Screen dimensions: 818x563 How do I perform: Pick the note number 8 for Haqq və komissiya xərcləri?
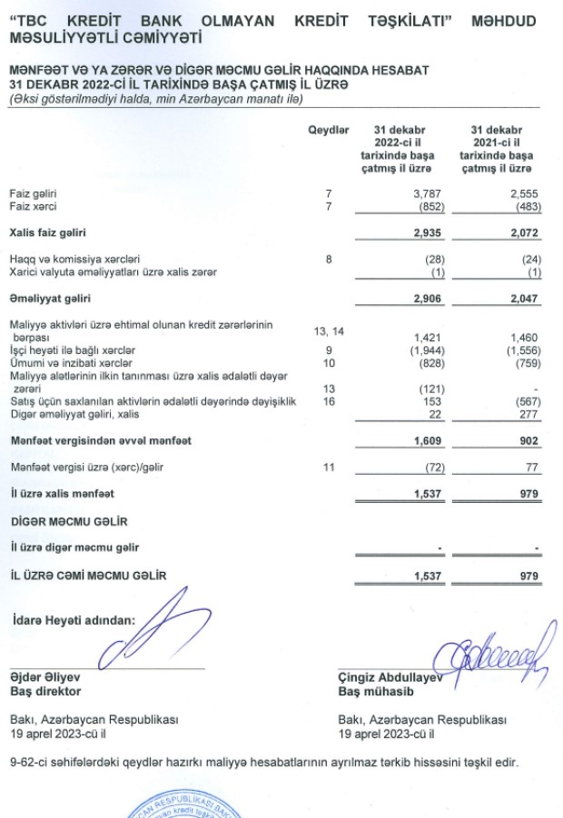(x=329, y=259)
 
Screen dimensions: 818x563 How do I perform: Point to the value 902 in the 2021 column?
(x=529, y=440)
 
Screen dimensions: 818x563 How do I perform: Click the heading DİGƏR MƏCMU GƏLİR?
(x=69, y=522)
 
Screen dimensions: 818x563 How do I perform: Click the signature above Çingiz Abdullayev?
(x=495, y=651)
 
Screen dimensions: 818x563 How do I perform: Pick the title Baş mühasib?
(x=369, y=690)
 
